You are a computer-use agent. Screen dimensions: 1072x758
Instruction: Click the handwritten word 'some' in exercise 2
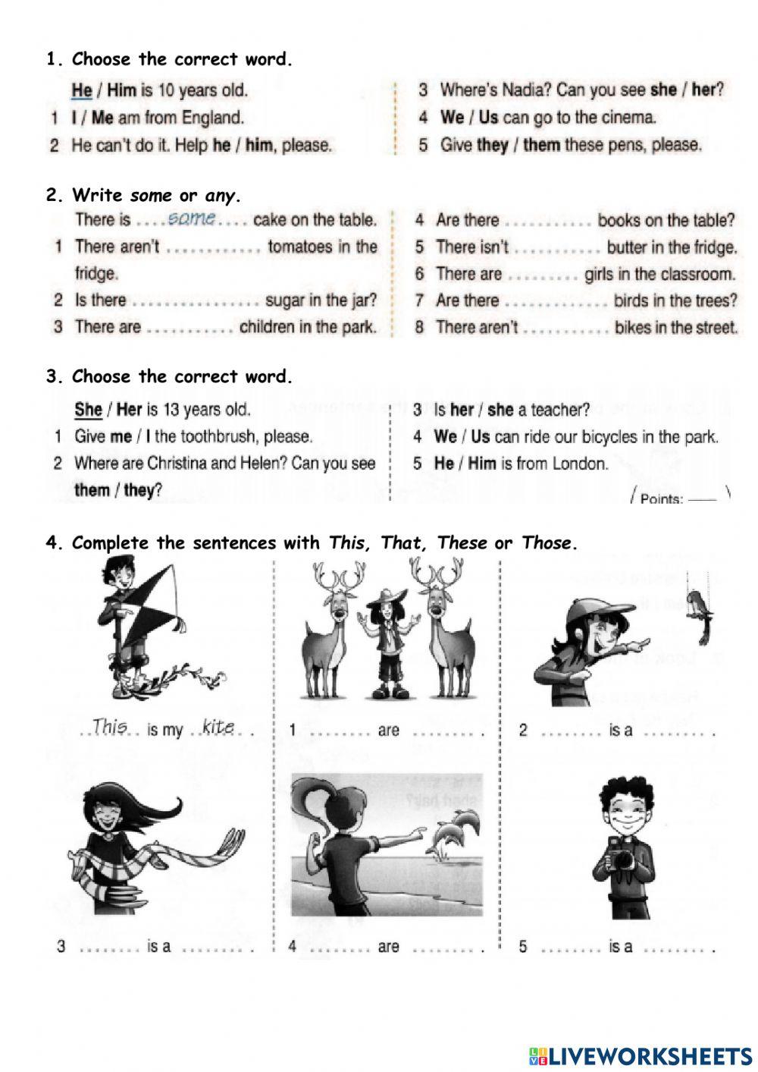[192, 218]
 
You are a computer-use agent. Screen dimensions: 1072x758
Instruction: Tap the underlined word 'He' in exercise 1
[82, 90]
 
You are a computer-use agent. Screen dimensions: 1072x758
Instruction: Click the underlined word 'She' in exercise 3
[88, 410]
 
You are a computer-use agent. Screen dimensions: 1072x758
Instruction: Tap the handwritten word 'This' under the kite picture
[109, 727]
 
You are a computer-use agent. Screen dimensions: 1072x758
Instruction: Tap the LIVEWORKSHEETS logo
[641, 1055]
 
